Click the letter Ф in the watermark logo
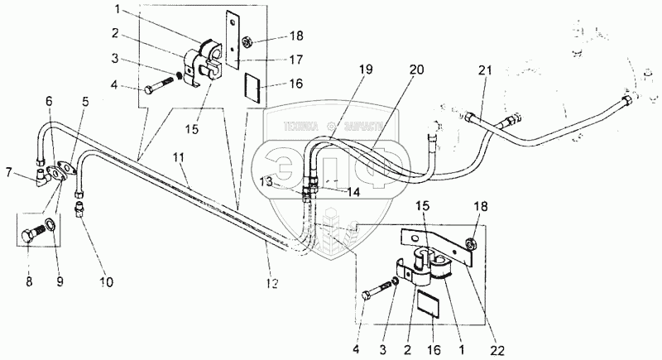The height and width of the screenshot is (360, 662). tap(377, 160)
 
